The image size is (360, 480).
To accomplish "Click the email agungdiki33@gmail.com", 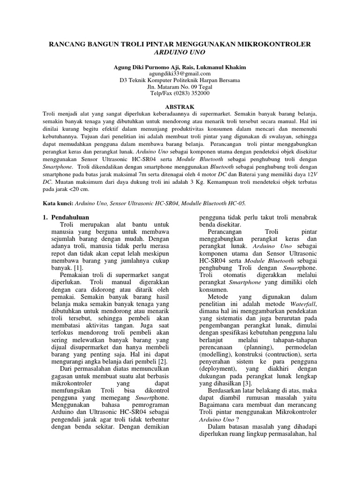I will pyautogui.click(x=180, y=74).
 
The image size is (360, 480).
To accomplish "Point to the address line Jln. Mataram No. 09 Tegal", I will pyautogui.click(x=180, y=87).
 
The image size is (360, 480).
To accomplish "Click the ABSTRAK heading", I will pyautogui.click(x=180, y=107).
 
